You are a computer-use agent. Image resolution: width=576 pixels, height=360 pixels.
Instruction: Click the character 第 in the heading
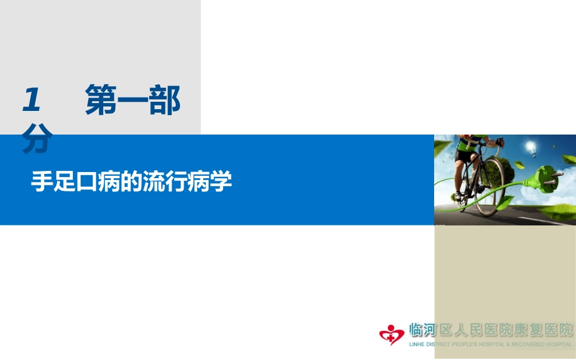[x=101, y=101]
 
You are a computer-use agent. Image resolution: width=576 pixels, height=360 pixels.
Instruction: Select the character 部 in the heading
[x=165, y=101]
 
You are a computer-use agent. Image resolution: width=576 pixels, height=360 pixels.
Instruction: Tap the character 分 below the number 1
[x=36, y=141]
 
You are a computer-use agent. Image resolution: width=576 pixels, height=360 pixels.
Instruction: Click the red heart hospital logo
[x=392, y=334]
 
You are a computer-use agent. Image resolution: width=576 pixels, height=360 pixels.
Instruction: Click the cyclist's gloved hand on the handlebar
[x=499, y=142]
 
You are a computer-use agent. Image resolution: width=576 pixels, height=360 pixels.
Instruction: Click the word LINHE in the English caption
[x=418, y=344]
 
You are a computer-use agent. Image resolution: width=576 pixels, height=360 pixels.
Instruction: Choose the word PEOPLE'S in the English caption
[x=469, y=344]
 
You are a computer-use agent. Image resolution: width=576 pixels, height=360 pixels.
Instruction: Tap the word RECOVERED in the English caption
[x=527, y=344]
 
